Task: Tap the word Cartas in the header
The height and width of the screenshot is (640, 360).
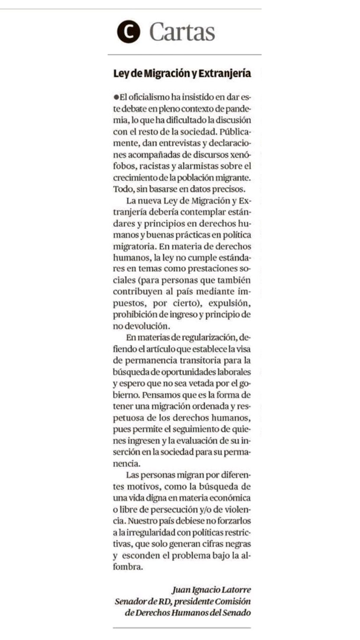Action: click(x=182, y=32)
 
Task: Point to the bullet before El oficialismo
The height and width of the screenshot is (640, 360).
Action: click(x=116, y=97)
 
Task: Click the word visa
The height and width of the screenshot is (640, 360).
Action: click(x=243, y=349)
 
